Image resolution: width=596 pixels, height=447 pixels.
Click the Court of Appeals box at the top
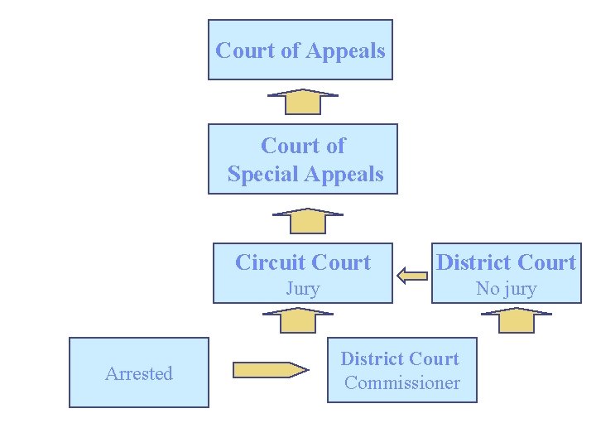(x=300, y=50)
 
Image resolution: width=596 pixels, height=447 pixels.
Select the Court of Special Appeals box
(x=302, y=159)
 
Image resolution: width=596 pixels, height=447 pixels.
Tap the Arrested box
(x=138, y=372)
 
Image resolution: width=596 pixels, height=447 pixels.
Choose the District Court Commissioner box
(x=402, y=370)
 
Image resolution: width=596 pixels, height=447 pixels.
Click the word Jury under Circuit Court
(x=302, y=289)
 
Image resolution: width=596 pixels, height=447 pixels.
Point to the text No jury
(x=506, y=289)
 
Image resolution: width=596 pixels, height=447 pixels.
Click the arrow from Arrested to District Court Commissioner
(x=270, y=369)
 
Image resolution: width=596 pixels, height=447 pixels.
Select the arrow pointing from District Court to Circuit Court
(x=411, y=275)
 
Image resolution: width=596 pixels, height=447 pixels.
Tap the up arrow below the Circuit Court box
(x=297, y=319)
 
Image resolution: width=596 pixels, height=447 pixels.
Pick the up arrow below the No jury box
(x=517, y=320)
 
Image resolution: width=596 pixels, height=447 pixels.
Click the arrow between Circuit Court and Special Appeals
(x=307, y=220)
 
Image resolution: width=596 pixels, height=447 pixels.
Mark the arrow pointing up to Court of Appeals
(x=303, y=101)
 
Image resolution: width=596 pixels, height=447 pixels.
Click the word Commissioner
(x=402, y=382)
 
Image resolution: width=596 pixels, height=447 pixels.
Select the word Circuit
(x=267, y=262)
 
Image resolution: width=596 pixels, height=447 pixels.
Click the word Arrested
(x=138, y=373)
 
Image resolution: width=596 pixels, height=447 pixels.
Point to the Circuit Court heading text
(x=303, y=262)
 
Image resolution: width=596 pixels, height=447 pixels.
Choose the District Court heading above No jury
(x=506, y=262)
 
